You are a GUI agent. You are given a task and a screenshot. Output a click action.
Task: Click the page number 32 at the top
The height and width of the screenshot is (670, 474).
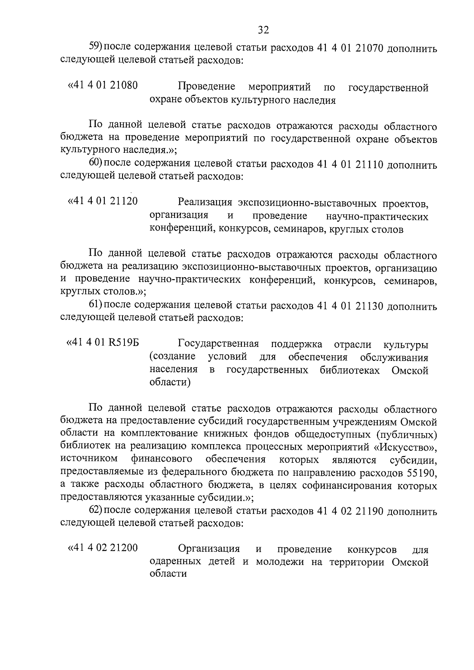point(263,30)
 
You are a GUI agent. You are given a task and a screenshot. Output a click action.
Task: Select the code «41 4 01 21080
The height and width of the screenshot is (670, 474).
point(103,85)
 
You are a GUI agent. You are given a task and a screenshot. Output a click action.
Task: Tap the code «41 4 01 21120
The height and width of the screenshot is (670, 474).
point(103,201)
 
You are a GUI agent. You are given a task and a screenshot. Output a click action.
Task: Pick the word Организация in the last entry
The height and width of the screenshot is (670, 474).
point(209,549)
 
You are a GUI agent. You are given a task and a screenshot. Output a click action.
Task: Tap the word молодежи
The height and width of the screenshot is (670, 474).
point(280,562)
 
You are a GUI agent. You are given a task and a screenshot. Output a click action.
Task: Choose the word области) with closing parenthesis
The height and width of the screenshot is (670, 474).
point(170,383)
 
